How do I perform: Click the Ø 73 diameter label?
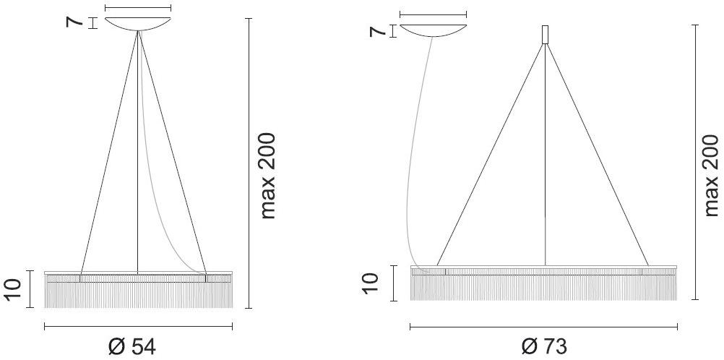(544, 346)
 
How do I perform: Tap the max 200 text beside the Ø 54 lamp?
(267, 176)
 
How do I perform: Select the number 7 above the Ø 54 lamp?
(74, 22)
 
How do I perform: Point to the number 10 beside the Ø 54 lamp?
(14, 290)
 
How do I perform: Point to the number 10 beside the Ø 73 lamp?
(370, 283)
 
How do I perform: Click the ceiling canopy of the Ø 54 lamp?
(137, 24)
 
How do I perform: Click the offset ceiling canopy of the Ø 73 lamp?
(433, 31)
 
